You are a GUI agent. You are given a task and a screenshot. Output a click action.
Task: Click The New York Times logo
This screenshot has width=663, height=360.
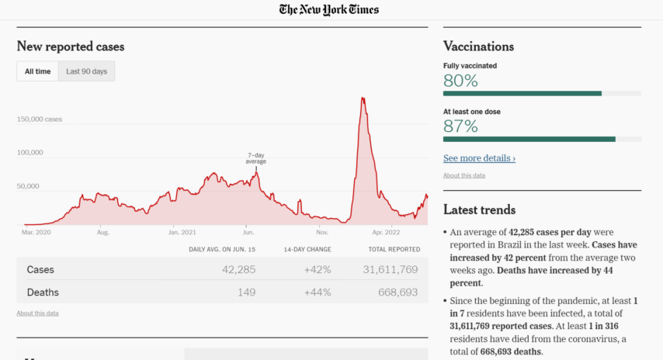[x=329, y=10]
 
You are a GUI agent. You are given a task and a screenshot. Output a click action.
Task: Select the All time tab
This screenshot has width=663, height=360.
[x=37, y=71]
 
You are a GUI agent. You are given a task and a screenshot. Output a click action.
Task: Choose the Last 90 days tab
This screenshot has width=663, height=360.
[x=87, y=71]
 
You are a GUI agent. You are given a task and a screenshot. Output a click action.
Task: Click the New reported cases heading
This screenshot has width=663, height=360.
[x=71, y=47]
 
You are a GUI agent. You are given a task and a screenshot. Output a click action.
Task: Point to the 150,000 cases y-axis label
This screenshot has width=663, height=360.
[x=40, y=119]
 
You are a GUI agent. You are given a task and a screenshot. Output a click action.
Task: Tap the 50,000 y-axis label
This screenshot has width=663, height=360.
[x=29, y=186]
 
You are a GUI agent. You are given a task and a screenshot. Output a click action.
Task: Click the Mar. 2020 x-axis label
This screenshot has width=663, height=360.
[x=36, y=231]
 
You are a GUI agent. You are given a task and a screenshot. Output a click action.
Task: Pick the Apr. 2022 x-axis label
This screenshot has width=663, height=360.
[x=386, y=231]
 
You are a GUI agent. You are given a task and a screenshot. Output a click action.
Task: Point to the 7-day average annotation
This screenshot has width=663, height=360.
[x=256, y=158]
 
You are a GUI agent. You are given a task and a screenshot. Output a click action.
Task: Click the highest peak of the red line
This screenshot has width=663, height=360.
[x=363, y=98]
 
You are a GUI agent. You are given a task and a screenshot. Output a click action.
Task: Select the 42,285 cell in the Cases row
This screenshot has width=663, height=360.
[x=238, y=269]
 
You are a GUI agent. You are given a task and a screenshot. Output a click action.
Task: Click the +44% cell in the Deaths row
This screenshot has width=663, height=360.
[x=318, y=292]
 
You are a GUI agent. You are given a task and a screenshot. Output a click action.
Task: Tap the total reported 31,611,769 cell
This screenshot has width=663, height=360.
[x=390, y=269]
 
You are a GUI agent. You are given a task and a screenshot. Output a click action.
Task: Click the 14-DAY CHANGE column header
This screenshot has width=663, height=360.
[x=308, y=249]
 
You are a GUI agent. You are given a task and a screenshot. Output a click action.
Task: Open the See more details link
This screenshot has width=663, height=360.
[x=479, y=158]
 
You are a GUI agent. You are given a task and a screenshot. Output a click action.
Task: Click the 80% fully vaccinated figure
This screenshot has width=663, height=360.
[x=460, y=81]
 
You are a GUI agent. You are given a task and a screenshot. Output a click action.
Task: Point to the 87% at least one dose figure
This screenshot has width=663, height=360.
[x=460, y=126]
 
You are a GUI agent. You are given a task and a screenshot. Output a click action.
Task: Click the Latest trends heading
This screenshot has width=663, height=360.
[x=479, y=209]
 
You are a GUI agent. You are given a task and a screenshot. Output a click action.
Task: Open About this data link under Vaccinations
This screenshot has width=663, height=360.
[x=464, y=175]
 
